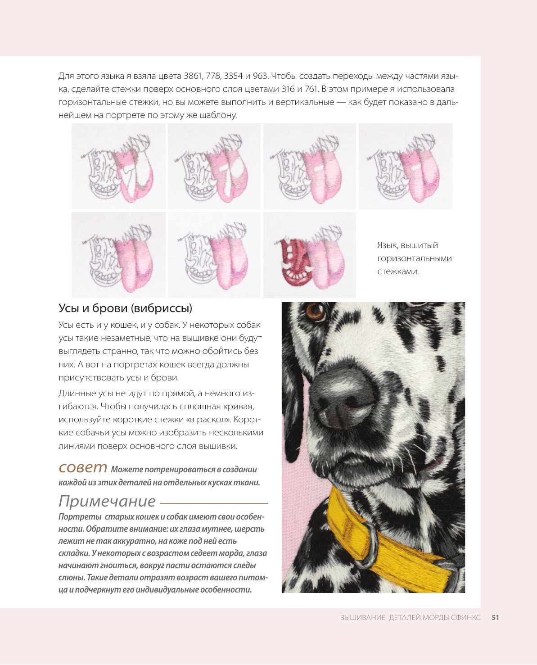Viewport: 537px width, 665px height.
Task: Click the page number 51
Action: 495,618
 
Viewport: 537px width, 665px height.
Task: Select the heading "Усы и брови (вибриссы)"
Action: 125,308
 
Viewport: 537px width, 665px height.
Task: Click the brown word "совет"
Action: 83,467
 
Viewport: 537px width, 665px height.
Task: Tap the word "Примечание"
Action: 107,501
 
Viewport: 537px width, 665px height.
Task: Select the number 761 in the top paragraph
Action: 311,89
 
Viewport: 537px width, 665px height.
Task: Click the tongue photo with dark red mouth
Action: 309,255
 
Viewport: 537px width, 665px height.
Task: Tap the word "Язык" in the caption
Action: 387,245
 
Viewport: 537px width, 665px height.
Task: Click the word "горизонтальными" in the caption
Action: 414,258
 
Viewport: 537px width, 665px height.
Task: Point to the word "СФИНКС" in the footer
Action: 466,618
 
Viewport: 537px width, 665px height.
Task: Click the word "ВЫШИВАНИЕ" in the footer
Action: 362,618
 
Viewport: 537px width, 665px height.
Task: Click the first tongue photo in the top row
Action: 118,166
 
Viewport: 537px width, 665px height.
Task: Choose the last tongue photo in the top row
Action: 405,166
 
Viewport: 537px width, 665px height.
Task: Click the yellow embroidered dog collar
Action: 396,545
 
